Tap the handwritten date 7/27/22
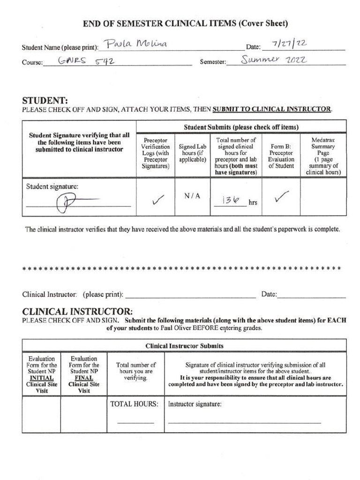click(290, 45)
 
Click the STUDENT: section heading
click(45, 100)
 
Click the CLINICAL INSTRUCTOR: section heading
click(77, 312)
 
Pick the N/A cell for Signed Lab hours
click(193, 196)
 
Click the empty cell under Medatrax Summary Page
click(323, 197)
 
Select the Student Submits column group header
click(241, 127)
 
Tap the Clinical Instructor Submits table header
click(184, 346)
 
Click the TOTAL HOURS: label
click(134, 404)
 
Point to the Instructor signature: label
click(195, 404)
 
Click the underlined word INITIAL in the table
click(41, 377)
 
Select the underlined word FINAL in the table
click(84, 377)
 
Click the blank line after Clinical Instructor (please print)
click(191, 295)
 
